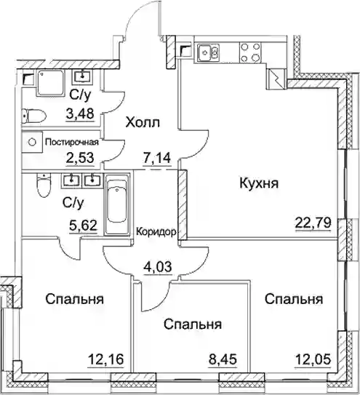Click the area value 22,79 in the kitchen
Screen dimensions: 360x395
tap(313, 223)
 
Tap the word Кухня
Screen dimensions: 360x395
tap(259, 183)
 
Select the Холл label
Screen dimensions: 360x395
tap(143, 123)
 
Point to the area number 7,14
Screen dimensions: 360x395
tap(157, 158)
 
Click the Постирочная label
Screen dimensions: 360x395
tap(72, 143)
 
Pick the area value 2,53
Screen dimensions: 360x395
tap(80, 158)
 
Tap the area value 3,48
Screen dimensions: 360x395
tap(80, 113)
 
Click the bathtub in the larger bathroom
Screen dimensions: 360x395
tap(116, 204)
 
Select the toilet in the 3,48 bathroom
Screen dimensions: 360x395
tap(34, 116)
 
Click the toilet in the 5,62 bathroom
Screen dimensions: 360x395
tap(44, 186)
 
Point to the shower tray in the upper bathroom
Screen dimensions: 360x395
tap(50, 83)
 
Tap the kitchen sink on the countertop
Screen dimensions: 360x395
tap(208, 52)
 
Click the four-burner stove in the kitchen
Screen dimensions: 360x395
tap(250, 53)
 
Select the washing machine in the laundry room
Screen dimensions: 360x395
tap(32, 143)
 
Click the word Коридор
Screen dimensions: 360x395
tap(156, 232)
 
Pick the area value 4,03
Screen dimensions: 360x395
tap(157, 266)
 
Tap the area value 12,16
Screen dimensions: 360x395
tap(105, 359)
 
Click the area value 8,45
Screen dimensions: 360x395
tap(223, 359)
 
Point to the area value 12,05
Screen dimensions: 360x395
tap(313, 359)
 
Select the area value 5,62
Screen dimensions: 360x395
tap(83, 225)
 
